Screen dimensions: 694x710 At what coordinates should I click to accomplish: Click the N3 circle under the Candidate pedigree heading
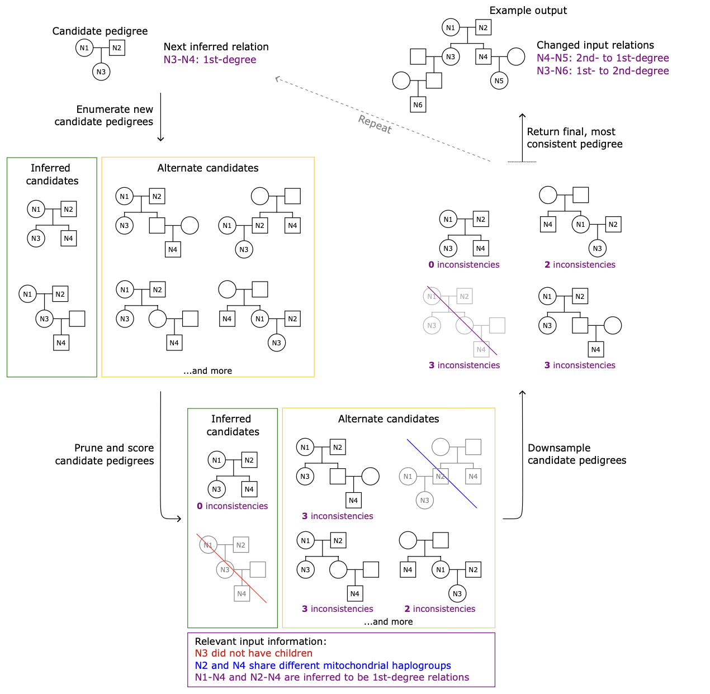pyautogui.click(x=101, y=72)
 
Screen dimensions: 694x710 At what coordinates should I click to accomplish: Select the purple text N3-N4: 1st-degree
pyautogui.click(x=210, y=60)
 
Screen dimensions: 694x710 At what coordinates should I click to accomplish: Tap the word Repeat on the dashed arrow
pyautogui.click(x=375, y=124)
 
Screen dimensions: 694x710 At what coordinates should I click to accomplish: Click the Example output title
pyautogui.click(x=528, y=11)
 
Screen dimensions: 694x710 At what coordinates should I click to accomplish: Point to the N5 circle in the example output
pyautogui.click(x=499, y=80)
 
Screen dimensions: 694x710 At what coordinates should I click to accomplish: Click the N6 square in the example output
pyautogui.click(x=418, y=104)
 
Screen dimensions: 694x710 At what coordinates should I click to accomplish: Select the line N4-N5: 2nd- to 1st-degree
pyautogui.click(x=602, y=58)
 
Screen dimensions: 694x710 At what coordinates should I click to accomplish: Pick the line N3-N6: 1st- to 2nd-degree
pyautogui.click(x=602, y=71)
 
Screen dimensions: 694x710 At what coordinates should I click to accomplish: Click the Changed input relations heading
pyautogui.click(x=595, y=45)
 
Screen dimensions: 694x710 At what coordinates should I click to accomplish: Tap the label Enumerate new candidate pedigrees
pyautogui.click(x=104, y=116)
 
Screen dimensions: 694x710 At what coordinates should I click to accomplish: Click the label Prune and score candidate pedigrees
pyautogui.click(x=105, y=454)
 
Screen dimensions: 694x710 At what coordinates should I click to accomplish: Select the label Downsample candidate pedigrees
pyautogui.click(x=576, y=454)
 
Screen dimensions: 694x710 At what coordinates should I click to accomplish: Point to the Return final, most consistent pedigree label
pyautogui.click(x=574, y=138)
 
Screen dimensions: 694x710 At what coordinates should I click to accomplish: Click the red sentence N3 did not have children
pyautogui.click(x=253, y=653)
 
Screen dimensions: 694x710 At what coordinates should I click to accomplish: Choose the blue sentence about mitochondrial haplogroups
pyautogui.click(x=323, y=666)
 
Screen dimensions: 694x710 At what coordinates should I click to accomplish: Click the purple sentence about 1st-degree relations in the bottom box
pyautogui.click(x=332, y=677)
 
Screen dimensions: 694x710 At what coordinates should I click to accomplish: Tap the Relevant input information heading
pyautogui.click(x=260, y=641)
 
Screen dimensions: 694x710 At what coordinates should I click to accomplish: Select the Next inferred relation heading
pyautogui.click(x=216, y=47)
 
